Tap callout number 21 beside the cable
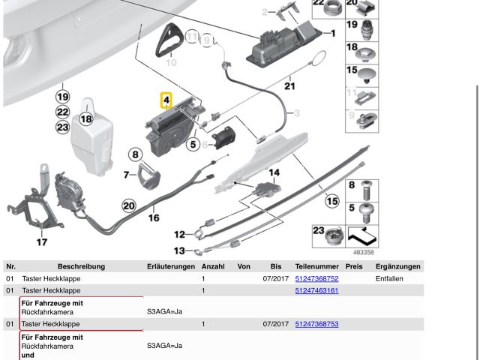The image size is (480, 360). (290, 86)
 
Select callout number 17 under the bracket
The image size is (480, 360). (42, 242)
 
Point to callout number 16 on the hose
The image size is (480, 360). (154, 218)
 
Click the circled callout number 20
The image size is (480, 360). (129, 205)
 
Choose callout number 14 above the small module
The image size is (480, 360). (274, 173)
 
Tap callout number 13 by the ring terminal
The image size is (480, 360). (178, 251)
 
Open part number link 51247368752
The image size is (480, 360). (316, 279)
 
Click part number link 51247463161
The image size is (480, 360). (316, 290)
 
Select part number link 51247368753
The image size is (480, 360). (316, 324)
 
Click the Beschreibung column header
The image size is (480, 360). (81, 266)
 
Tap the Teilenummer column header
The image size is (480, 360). (316, 266)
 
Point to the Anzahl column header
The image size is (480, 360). (214, 266)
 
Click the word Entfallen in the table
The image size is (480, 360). (389, 279)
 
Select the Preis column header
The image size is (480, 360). (354, 266)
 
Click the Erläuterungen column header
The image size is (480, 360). (171, 266)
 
